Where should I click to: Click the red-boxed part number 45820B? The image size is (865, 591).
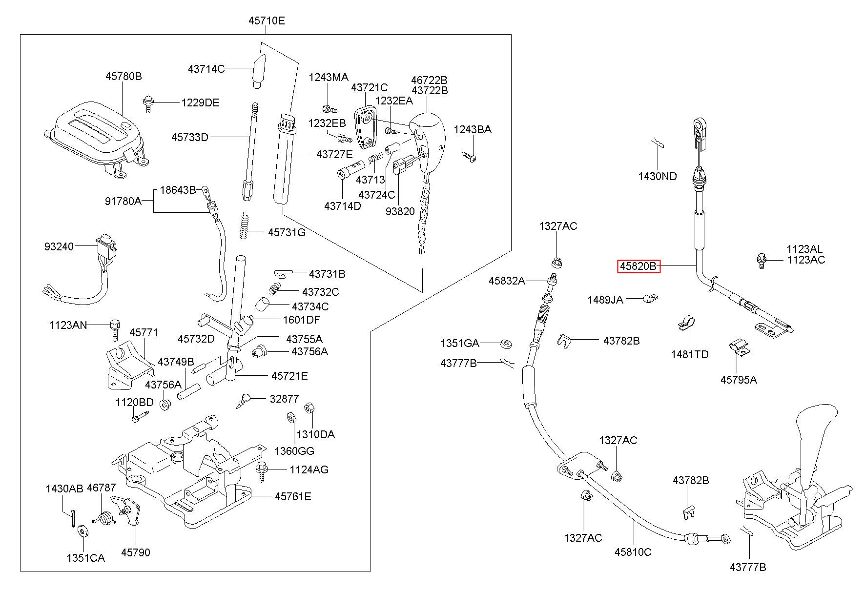pos(638,266)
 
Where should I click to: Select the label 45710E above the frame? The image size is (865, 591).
pos(267,21)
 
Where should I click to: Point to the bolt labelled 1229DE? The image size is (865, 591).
pos(147,104)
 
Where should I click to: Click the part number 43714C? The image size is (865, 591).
pos(206,69)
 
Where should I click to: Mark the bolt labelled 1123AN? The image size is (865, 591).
pos(114,329)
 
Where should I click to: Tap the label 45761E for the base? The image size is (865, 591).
pos(293,496)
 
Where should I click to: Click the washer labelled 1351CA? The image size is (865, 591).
pos(82,530)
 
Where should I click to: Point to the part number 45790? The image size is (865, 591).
pos(136,552)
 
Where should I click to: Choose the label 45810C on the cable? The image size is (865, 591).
pos(633,552)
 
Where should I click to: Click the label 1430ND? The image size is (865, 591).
pos(658,176)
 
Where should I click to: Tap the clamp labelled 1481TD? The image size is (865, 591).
pos(687,324)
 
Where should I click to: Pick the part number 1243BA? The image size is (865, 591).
pos(473,129)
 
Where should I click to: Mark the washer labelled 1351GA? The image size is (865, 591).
pos(506,344)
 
